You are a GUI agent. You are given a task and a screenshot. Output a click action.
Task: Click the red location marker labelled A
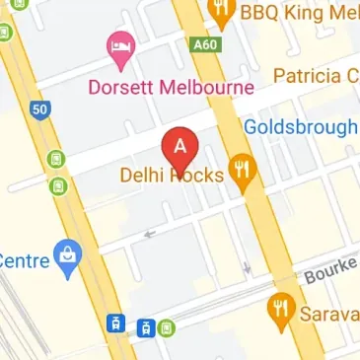click(x=180, y=148)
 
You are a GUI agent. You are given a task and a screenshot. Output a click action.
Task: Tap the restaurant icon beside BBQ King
click(x=221, y=12)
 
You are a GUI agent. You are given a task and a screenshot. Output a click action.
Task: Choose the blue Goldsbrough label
click(x=300, y=127)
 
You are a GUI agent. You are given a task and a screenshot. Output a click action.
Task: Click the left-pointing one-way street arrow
click(x=150, y=234)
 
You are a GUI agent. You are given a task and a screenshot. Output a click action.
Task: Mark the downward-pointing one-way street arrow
click(x=247, y=266)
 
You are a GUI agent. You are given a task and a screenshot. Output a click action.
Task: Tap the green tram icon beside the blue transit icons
click(x=167, y=326)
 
